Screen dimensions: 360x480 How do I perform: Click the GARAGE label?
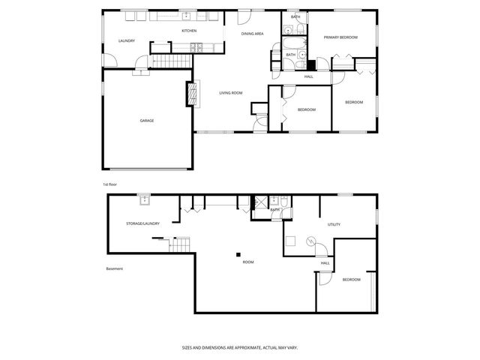point(147,120)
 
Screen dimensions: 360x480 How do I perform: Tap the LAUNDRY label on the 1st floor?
point(127,40)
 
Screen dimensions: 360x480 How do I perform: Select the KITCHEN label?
point(189,31)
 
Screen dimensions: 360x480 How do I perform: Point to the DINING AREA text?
point(252,34)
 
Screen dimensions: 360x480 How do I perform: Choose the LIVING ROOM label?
point(231,93)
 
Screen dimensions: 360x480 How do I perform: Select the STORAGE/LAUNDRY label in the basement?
point(142,223)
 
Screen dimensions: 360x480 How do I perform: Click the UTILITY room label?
point(334,224)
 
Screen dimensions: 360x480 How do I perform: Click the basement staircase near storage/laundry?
point(180,244)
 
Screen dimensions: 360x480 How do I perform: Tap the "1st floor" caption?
point(110,184)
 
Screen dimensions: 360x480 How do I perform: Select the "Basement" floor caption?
point(114,268)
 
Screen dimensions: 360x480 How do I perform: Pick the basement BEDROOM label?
point(351,280)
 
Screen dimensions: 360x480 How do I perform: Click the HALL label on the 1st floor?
point(308,76)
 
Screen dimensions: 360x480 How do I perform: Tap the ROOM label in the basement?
point(247,262)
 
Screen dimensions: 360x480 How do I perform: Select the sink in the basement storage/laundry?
point(143,199)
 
